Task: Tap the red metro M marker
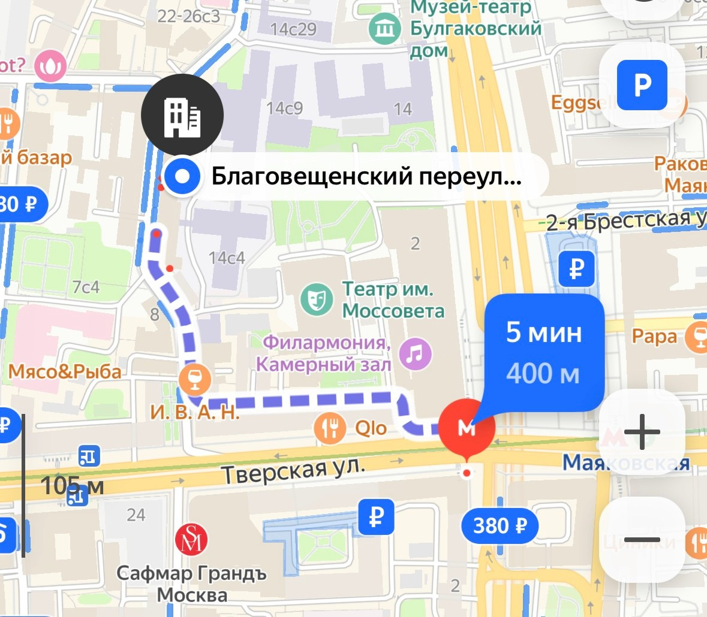point(467,427)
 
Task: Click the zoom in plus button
point(642,432)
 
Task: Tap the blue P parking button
point(642,85)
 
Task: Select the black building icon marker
point(182,115)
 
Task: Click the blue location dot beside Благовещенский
point(182,177)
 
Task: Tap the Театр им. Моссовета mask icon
point(316,300)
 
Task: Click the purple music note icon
point(416,353)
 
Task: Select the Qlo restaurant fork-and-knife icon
point(330,428)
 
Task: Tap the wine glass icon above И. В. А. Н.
point(195,379)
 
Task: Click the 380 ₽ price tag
point(500,526)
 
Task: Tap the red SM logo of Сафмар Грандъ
point(191,539)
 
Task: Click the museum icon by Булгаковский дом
point(384,28)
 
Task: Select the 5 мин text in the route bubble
point(544,332)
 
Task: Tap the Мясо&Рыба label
point(65,372)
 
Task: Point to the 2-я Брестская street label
point(624,221)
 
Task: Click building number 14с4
point(227,258)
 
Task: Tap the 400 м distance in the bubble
point(543,374)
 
